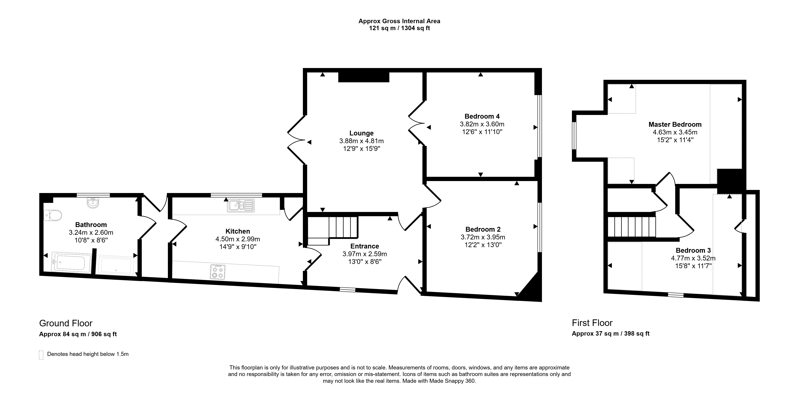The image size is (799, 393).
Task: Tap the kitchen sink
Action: point(241,206)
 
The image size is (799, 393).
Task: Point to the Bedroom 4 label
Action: point(482,117)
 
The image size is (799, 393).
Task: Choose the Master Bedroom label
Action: point(675,125)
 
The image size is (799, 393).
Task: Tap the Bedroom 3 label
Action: point(693,250)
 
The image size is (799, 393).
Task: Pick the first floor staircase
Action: point(632,227)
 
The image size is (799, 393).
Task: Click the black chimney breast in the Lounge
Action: point(363,77)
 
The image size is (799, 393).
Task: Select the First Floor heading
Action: point(592,323)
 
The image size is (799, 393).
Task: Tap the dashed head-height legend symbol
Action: point(41,355)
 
